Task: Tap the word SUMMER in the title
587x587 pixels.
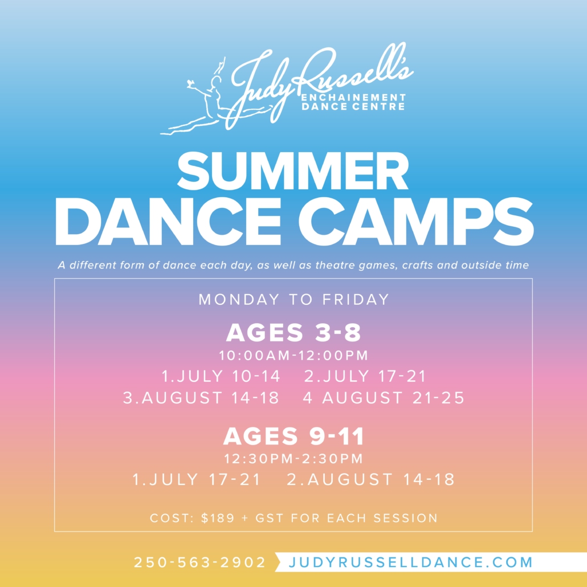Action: (x=293, y=172)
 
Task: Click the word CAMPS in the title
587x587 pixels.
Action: (x=415, y=222)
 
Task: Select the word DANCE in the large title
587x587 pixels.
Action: (x=168, y=222)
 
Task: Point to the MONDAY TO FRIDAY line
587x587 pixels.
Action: (x=294, y=300)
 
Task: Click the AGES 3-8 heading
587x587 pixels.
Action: (x=293, y=332)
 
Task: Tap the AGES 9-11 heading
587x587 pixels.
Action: (x=293, y=436)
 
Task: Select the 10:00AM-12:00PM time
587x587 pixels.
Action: (x=293, y=355)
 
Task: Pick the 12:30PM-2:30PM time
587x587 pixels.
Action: (x=293, y=459)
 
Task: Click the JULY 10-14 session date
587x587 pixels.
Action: (x=229, y=376)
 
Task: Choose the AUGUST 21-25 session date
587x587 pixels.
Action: (x=393, y=398)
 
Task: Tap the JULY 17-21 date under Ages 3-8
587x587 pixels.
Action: (x=374, y=376)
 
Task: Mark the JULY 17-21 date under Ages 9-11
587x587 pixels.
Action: (x=205, y=479)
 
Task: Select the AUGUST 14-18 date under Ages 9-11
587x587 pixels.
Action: (x=381, y=479)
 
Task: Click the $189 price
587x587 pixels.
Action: (x=218, y=518)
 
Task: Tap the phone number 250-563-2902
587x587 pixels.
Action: (x=199, y=562)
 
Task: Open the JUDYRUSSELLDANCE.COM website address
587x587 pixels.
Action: (x=411, y=562)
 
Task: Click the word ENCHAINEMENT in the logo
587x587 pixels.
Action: (x=354, y=97)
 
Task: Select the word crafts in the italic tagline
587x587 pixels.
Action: (x=418, y=266)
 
